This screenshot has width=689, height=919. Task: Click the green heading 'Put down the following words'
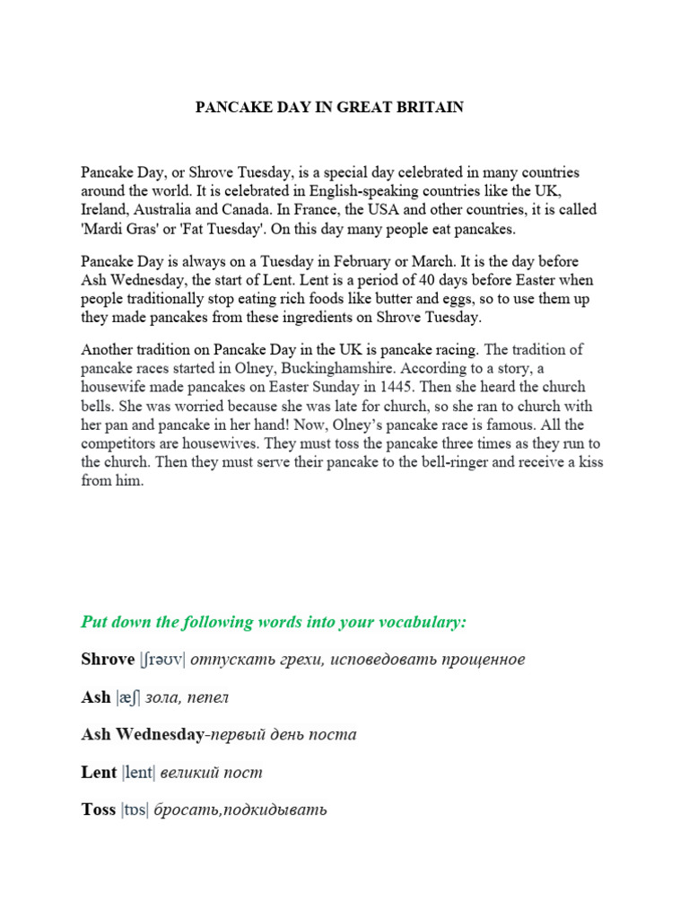coord(274,622)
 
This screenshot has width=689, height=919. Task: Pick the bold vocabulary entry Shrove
coord(108,660)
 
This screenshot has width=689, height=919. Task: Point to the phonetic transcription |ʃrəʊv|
coord(162,661)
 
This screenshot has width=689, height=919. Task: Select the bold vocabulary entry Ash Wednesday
coord(142,734)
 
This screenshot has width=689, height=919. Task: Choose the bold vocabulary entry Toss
coord(99,810)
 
